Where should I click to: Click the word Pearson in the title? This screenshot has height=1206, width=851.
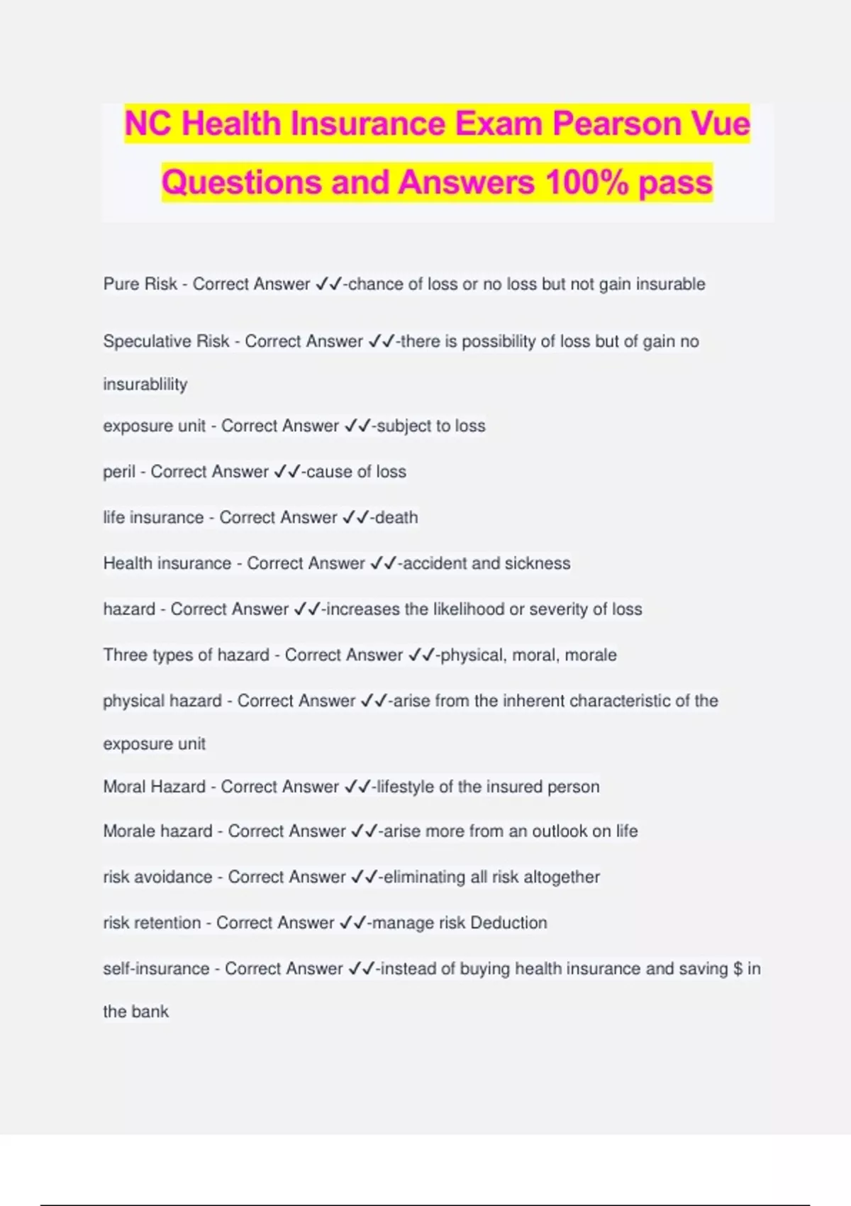click(611, 124)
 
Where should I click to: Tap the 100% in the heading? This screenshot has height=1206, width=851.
click(586, 182)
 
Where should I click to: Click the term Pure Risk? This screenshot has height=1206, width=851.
click(140, 284)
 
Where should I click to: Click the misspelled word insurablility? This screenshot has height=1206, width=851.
click(145, 385)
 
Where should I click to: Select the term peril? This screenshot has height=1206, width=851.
click(118, 472)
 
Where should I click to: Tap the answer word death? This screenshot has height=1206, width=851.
click(396, 518)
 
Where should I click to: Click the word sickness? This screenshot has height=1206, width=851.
click(538, 563)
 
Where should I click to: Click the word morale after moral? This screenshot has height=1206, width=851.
click(591, 655)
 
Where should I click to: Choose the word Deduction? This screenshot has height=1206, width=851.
click(508, 923)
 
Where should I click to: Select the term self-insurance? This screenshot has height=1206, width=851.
click(156, 969)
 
